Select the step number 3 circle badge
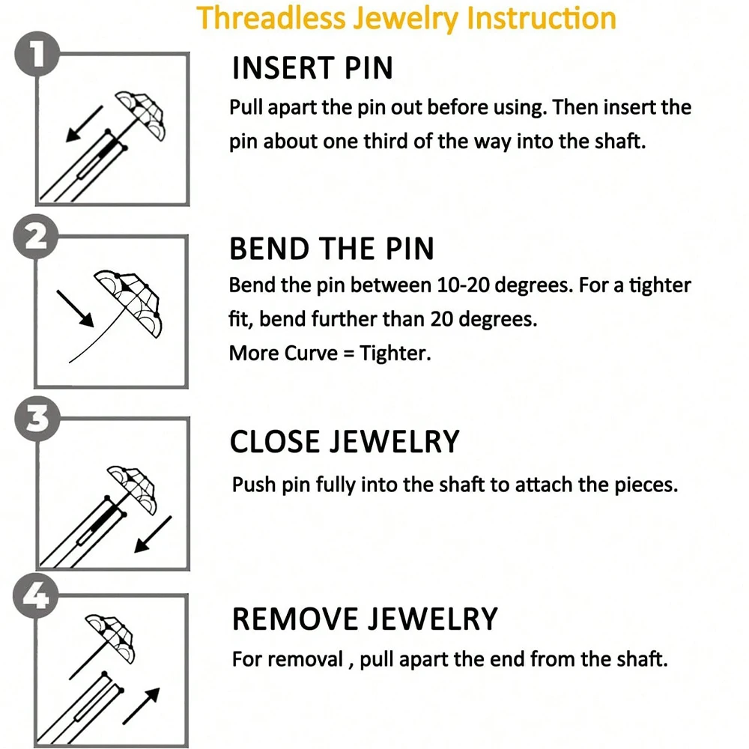click(34, 421)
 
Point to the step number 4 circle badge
click(34, 597)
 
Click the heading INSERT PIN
click(312, 68)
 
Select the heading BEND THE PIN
click(331, 249)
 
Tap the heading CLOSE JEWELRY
click(344, 442)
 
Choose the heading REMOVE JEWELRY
click(364, 619)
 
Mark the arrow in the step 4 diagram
click(142, 704)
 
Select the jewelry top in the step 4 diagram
click(110, 631)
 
